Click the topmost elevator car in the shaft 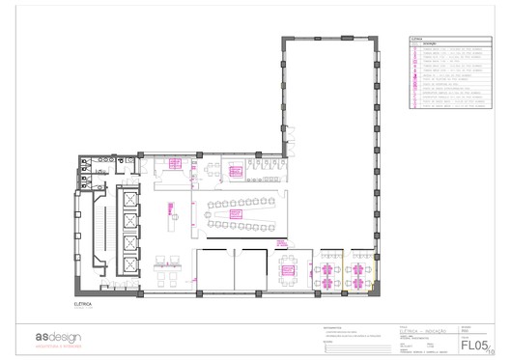(x=127, y=200)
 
